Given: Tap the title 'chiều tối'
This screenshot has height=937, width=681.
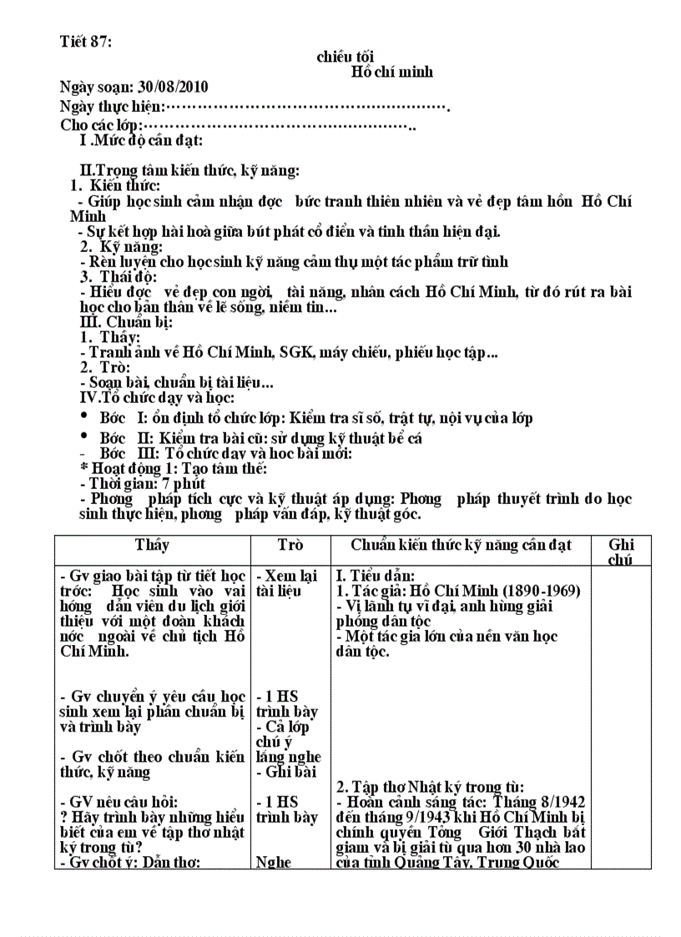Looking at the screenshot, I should click(345, 57).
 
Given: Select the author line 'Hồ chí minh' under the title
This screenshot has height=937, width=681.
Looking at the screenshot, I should click(391, 72).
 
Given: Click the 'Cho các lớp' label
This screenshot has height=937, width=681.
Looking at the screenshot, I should click(101, 125).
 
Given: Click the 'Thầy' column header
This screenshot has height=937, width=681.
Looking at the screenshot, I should click(152, 545).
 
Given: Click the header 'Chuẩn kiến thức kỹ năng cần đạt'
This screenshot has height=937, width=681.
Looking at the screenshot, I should click(461, 545).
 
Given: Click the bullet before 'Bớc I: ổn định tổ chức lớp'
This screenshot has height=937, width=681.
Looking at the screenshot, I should click(84, 416).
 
